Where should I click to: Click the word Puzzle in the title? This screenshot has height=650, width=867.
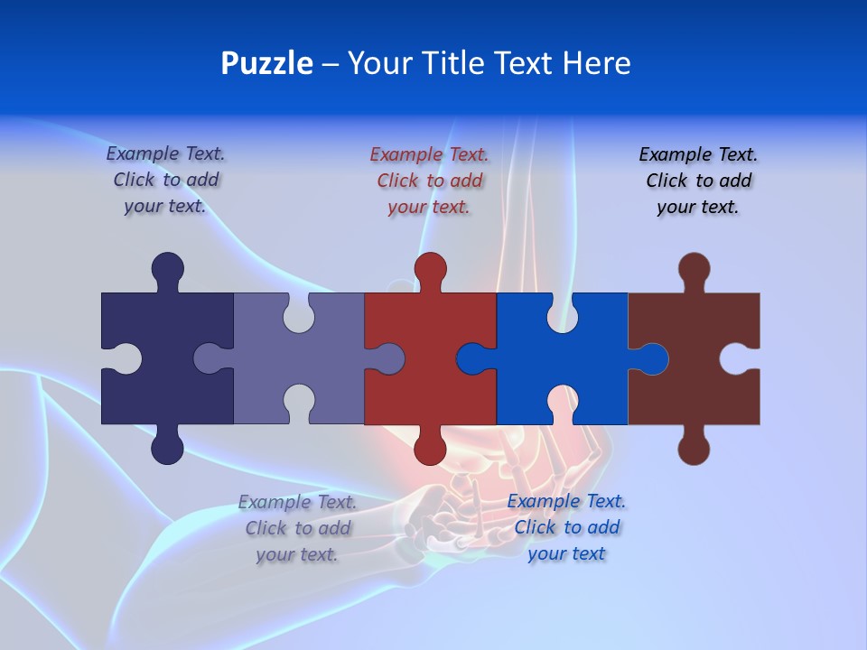(x=266, y=63)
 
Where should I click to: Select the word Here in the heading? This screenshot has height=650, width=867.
(x=596, y=63)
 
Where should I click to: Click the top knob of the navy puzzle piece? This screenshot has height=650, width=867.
(x=167, y=268)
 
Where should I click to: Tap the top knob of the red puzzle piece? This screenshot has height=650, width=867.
(x=430, y=268)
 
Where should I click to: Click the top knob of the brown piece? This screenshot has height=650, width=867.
(x=694, y=268)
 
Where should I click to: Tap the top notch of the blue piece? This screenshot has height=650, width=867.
(x=562, y=312)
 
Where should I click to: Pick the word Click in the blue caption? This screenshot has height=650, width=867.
(x=537, y=527)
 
